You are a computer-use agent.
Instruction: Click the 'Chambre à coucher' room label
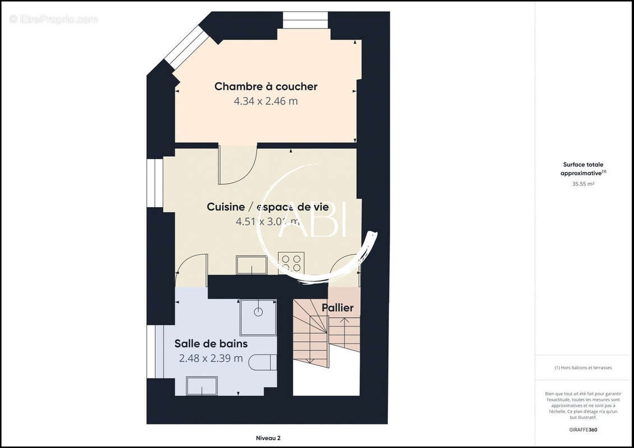point(266,87)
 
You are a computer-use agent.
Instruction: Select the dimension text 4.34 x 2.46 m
point(266,101)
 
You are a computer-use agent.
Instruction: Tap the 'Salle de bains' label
point(211,344)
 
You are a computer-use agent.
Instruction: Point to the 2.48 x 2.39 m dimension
point(211,358)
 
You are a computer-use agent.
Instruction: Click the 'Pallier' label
point(337,308)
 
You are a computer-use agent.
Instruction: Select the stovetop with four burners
point(291,263)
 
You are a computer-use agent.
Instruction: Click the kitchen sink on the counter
point(252,265)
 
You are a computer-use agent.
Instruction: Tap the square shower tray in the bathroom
point(258,317)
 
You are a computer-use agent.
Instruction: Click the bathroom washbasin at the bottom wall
point(202,386)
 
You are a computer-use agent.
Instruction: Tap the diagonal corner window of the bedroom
point(186,47)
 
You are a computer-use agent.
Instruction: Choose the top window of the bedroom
point(305,20)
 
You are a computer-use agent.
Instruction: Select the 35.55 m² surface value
point(583,184)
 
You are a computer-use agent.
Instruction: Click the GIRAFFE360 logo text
point(583,430)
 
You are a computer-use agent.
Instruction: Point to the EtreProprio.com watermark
point(54,19)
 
